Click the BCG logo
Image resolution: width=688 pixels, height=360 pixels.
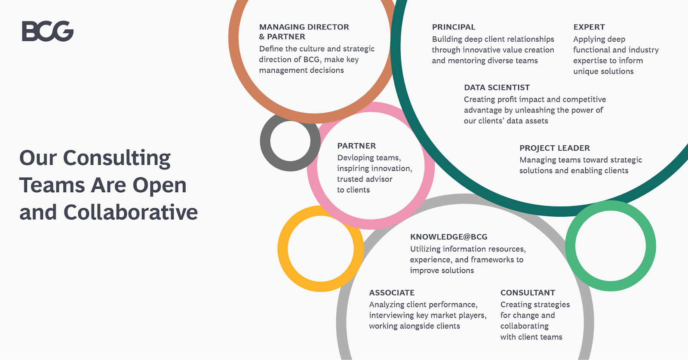[48, 31]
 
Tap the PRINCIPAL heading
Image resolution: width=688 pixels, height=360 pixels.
[454, 27]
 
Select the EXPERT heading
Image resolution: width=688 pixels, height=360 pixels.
[589, 27]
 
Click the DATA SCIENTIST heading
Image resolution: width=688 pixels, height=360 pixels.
[497, 88]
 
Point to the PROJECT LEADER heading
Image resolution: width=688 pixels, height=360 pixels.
[555, 148]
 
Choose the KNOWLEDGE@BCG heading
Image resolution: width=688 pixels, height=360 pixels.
[449, 237]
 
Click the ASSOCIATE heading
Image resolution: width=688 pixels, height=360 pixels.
[392, 293]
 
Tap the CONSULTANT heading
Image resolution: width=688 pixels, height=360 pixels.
[528, 293]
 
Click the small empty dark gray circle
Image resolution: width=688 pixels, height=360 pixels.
[265, 141]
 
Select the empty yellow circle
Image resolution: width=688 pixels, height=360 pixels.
[283, 249]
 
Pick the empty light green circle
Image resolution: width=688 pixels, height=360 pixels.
[570, 246]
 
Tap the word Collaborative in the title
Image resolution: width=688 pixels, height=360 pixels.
[131, 212]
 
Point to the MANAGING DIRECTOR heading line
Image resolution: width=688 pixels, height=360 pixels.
[304, 27]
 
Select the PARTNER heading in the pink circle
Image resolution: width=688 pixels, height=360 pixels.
[356, 146]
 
